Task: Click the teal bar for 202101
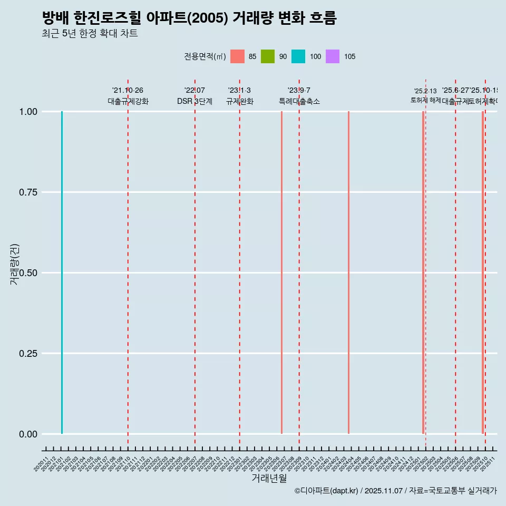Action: [x=62, y=273]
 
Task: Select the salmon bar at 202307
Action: [x=282, y=273]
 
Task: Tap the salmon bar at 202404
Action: [x=348, y=273]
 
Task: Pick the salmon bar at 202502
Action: [x=423, y=273]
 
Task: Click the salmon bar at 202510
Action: [x=482, y=273]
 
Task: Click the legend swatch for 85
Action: [x=238, y=56]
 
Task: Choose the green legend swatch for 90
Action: [x=268, y=56]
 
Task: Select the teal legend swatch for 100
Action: [x=298, y=56]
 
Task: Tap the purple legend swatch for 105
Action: [x=333, y=56]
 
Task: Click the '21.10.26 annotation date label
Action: [x=128, y=91]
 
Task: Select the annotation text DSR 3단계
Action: [x=194, y=102]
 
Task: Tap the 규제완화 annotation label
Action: [x=240, y=102]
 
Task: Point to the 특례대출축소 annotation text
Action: [x=299, y=102]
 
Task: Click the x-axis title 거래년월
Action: [x=269, y=479]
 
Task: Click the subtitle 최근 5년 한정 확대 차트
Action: [x=90, y=34]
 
